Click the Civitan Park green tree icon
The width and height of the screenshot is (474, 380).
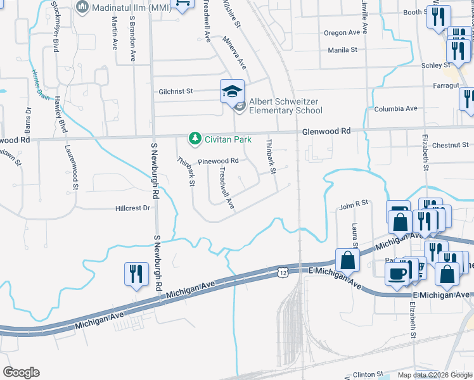tap(195, 138)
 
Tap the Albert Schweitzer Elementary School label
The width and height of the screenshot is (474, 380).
tap(285, 106)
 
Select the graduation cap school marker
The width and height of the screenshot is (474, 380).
tap(231, 92)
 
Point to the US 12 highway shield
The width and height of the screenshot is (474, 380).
tap(281, 272)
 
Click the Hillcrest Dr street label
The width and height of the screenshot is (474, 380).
tap(133, 208)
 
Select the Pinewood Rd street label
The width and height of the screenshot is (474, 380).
tap(218, 161)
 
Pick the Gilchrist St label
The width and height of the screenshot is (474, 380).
tap(176, 91)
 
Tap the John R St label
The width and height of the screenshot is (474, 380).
tap(354, 204)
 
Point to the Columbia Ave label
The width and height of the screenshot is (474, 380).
tap(395, 108)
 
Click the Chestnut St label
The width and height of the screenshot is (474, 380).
tap(451, 145)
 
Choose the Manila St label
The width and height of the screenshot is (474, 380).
tap(343, 49)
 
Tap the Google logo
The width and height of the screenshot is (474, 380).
tap(21, 372)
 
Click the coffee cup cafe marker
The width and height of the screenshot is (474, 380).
tap(397, 274)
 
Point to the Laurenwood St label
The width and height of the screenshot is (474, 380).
tap(71, 167)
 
